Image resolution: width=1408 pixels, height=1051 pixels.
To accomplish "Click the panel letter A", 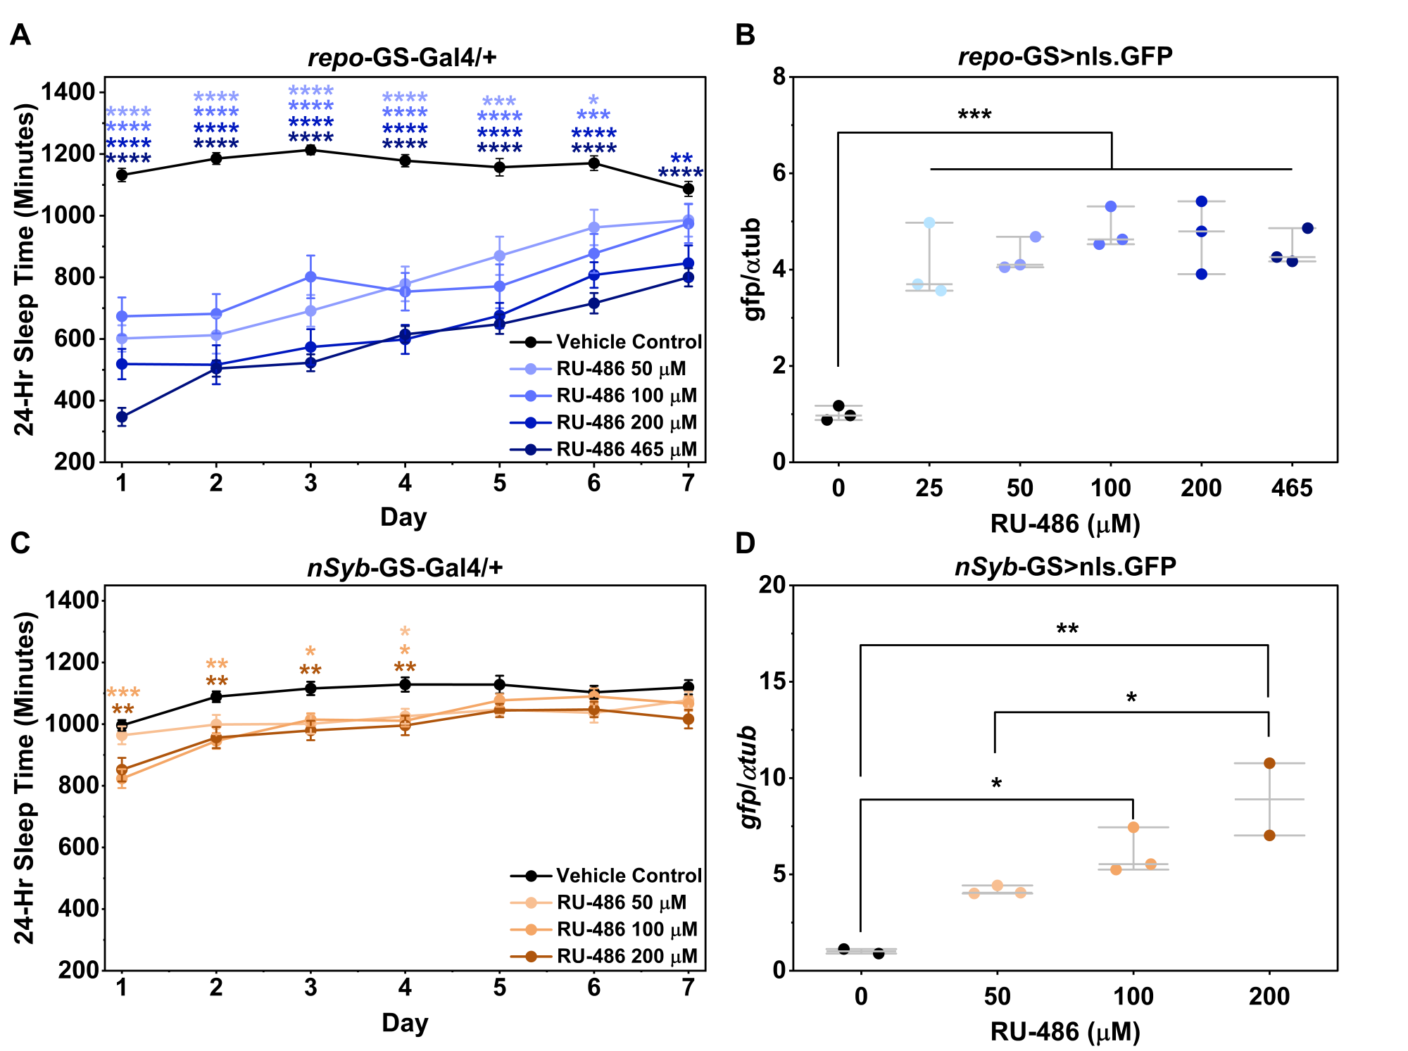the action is pos(20,34).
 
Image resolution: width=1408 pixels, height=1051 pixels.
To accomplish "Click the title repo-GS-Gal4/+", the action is pos(403,56).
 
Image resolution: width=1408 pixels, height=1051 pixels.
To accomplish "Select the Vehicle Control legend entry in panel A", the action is pos(606,342).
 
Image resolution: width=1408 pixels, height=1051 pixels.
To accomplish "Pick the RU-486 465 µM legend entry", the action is pos(604,450).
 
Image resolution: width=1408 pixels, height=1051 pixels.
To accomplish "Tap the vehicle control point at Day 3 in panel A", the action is pos(310,149).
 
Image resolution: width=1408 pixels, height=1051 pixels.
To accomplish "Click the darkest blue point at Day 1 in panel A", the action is pos(122,417).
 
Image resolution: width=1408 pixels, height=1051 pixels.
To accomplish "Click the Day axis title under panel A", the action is pos(403,517).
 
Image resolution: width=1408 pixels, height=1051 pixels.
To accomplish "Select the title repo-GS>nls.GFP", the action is pos(1065,56).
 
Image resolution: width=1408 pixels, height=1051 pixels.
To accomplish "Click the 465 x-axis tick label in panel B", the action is pos(1292,488).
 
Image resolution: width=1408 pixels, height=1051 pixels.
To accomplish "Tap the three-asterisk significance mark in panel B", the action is pos(974,115).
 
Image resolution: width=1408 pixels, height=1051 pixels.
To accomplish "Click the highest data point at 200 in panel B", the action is pos(1202,201).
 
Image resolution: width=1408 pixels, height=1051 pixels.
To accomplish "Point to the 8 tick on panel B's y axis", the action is pos(779,76).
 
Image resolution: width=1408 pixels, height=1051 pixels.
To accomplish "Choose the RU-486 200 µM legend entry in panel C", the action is pos(604,957).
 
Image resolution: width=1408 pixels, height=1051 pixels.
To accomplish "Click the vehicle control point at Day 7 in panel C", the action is pos(689,687).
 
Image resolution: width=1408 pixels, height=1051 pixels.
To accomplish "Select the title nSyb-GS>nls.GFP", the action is pos(1065,566).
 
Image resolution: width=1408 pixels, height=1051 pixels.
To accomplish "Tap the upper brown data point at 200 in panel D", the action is pos(1269,763).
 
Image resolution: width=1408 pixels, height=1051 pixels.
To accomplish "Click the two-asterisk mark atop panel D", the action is pos(1067,629).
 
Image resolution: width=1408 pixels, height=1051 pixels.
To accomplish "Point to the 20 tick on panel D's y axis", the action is pos(773,585).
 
